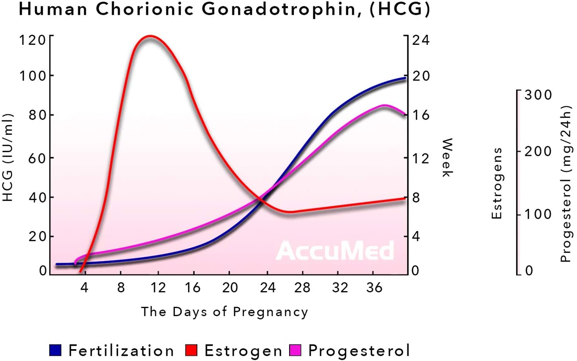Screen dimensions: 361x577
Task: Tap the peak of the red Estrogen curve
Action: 149,36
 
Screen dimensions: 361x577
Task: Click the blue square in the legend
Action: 55,350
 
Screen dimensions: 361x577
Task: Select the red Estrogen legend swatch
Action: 192,350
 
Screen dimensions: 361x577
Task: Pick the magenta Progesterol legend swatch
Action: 295,350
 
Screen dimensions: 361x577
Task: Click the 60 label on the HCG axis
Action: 34,157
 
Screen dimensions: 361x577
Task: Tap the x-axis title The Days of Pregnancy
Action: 224,312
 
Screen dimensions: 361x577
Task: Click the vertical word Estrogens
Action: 497,183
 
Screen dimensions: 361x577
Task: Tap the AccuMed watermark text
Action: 335,250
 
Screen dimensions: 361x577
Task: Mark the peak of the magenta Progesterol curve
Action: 384,106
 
